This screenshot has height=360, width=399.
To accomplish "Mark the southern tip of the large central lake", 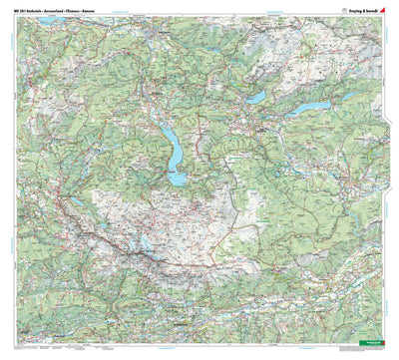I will click(179, 181).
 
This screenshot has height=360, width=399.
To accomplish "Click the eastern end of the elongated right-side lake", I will click(328, 101).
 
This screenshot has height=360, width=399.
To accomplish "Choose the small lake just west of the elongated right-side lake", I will click(256, 98).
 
